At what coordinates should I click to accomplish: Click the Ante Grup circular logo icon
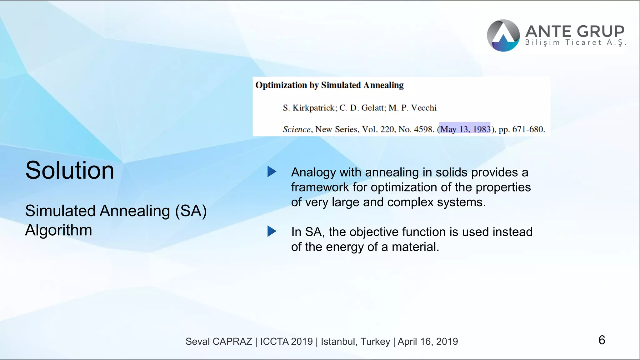(503, 36)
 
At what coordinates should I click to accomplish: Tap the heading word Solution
(70, 170)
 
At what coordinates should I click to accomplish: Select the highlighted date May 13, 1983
(465, 129)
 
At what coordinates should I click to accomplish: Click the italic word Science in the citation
(297, 129)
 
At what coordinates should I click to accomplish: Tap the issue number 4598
(424, 129)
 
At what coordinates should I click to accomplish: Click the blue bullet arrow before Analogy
(272, 172)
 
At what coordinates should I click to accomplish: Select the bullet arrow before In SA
(272, 231)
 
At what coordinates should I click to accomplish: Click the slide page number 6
(602, 340)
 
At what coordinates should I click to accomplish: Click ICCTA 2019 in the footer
(286, 342)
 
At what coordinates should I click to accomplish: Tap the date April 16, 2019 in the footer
(427, 342)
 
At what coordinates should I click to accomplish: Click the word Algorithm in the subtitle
(58, 230)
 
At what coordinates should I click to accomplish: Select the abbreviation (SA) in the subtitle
(191, 211)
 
